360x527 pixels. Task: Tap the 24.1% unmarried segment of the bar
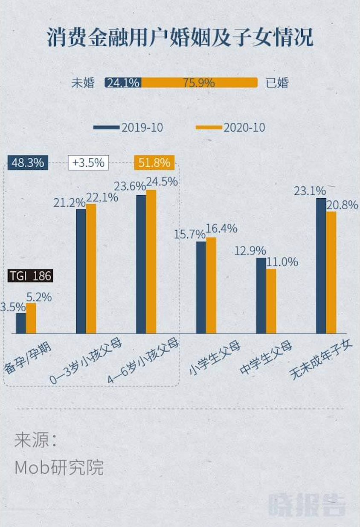pyautogui.click(x=123, y=82)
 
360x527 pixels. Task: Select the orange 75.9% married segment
pyautogui.click(x=199, y=82)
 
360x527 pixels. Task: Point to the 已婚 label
pyautogui.click(x=277, y=83)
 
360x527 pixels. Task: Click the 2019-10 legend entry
pyautogui.click(x=128, y=127)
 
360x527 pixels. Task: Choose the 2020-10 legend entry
pyautogui.click(x=230, y=127)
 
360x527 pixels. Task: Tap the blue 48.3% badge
pyautogui.click(x=28, y=162)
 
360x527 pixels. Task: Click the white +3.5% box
pyautogui.click(x=89, y=162)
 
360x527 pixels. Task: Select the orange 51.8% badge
pyautogui.click(x=154, y=162)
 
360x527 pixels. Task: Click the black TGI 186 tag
pyautogui.click(x=30, y=276)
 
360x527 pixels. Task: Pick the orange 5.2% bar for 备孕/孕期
pyautogui.click(x=31, y=318)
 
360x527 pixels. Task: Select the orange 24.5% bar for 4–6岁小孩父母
pyautogui.click(x=151, y=261)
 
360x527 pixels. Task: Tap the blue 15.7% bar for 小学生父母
pyautogui.click(x=201, y=287)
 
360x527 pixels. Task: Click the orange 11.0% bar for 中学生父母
pyautogui.click(x=271, y=301)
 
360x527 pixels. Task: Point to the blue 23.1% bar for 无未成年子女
pyautogui.click(x=321, y=266)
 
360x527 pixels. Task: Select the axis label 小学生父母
pyautogui.click(x=215, y=358)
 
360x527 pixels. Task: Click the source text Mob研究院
pyautogui.click(x=59, y=468)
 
